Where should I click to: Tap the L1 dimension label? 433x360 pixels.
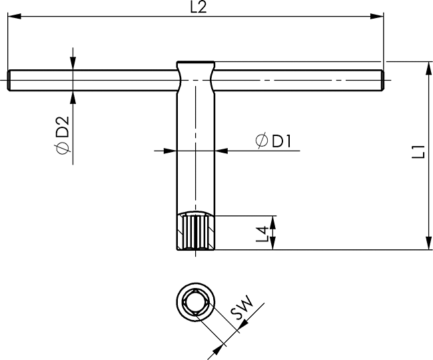(x=418, y=151)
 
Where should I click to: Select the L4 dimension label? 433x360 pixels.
(x=262, y=234)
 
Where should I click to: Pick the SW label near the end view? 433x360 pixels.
(x=242, y=307)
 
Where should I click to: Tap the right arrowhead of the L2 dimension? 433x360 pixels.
(x=377, y=17)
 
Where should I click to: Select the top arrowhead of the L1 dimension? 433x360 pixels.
(x=428, y=68)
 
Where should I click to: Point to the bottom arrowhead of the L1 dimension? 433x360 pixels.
(x=428, y=243)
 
